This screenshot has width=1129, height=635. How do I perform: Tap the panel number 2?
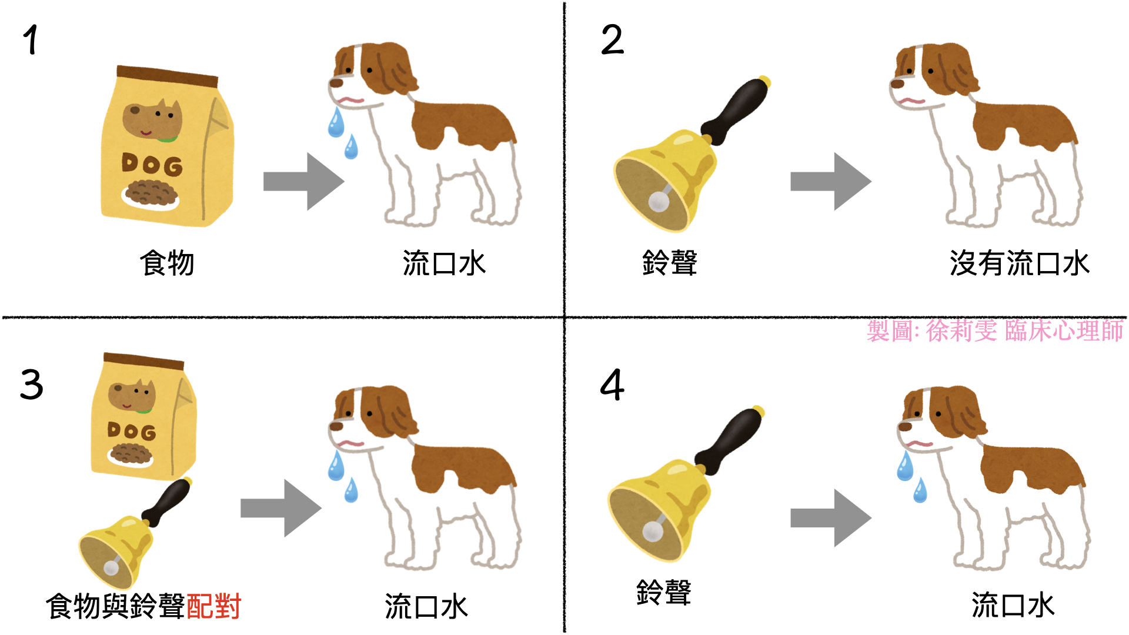pos(612,40)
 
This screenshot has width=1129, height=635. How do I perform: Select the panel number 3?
pos(32,385)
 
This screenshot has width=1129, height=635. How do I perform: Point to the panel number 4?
pos(612,385)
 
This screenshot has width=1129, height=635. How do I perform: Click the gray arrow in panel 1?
pos(303,182)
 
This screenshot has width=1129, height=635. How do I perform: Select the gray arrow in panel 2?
pos(831,182)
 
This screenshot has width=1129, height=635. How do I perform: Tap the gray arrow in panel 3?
pos(281,508)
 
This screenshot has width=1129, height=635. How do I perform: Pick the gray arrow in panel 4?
pos(831,518)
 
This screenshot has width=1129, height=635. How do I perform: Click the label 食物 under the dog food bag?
pos(167,263)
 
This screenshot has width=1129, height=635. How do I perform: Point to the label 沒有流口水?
pos(1020,263)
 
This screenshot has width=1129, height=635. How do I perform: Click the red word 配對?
pos(214,606)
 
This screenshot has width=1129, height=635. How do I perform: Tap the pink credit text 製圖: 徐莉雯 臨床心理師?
pos(995,331)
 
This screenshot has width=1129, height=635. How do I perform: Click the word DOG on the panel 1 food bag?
pos(152,164)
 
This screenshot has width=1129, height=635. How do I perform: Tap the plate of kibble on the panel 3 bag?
pos(131,454)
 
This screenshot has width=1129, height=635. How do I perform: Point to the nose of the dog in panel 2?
pos(897,83)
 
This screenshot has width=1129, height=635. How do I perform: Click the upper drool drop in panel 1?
pos(336,122)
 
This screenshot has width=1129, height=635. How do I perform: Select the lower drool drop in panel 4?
pos(920,491)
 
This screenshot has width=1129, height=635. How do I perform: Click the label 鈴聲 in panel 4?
pos(664,592)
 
